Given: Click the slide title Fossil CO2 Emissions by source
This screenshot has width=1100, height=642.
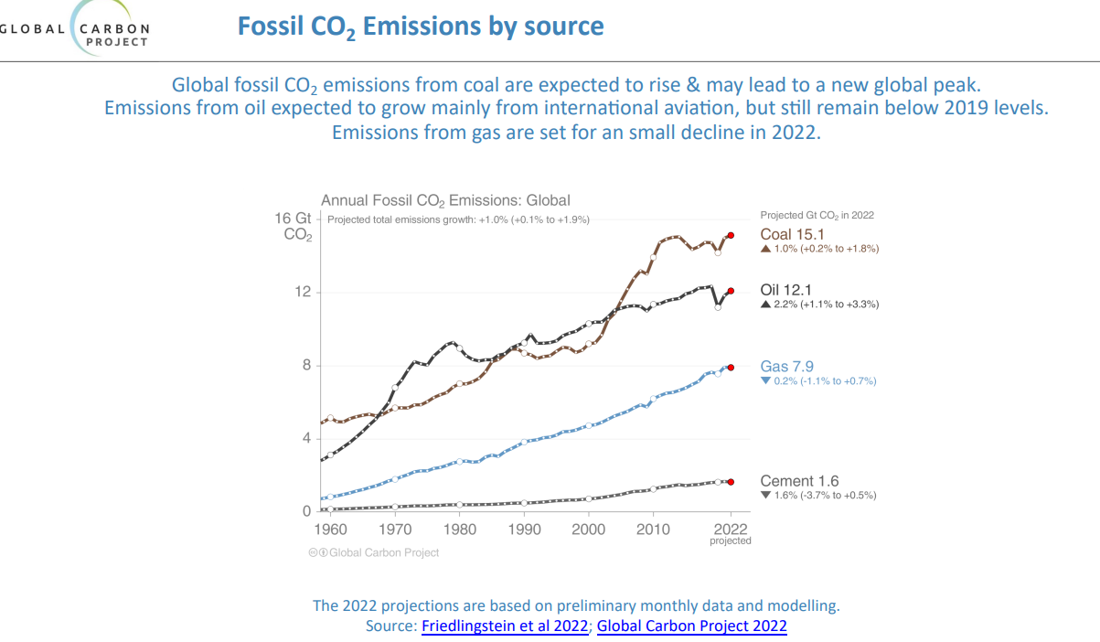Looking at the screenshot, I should (421, 26).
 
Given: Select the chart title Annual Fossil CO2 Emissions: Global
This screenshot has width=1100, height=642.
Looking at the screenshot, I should (445, 200).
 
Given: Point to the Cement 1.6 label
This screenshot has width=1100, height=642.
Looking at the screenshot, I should (799, 481).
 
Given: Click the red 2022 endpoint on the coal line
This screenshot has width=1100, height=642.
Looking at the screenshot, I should (731, 235).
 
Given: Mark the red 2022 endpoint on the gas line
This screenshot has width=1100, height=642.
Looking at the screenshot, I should (731, 368).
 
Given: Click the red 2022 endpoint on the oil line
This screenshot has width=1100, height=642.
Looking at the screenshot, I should (731, 291).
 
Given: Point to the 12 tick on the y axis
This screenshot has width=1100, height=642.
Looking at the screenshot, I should (303, 292).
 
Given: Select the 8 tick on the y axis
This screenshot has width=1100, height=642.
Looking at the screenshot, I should (306, 366).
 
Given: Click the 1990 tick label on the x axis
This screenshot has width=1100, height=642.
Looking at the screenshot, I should (524, 530).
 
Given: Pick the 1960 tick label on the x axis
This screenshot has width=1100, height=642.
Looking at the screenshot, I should (331, 530).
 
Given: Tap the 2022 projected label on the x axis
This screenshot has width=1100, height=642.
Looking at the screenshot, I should (731, 532).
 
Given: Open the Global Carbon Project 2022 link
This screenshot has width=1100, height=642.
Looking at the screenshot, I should (691, 626).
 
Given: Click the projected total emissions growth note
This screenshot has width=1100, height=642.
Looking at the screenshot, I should (458, 219).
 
